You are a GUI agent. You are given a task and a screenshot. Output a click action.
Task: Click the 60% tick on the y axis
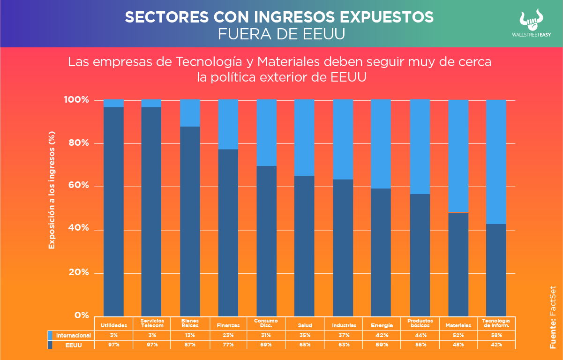click(x=76, y=186)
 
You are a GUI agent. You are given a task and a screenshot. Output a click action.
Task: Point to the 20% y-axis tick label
click(x=76, y=272)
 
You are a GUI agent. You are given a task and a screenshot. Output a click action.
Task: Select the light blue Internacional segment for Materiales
click(x=458, y=156)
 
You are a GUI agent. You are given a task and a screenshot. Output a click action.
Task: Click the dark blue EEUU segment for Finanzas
click(x=228, y=232)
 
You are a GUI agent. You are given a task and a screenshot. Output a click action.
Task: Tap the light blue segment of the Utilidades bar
click(x=113, y=103)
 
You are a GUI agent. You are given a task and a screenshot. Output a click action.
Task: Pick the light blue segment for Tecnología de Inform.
click(x=496, y=162)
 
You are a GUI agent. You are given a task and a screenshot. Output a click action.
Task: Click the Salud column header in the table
click(x=305, y=325)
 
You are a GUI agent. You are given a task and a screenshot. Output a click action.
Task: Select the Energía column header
click(x=382, y=325)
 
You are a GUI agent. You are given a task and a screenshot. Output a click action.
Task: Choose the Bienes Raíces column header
click(x=190, y=323)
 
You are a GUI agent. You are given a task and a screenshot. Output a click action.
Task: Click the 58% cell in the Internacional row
click(x=496, y=335)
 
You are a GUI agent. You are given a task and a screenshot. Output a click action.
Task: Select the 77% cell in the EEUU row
click(x=228, y=345)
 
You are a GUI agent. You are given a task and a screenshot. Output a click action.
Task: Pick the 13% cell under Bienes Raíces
click(x=190, y=335)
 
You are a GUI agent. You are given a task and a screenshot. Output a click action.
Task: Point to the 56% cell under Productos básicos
click(x=420, y=345)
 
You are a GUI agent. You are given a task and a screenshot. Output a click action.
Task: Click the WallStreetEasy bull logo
click(x=537, y=19)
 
